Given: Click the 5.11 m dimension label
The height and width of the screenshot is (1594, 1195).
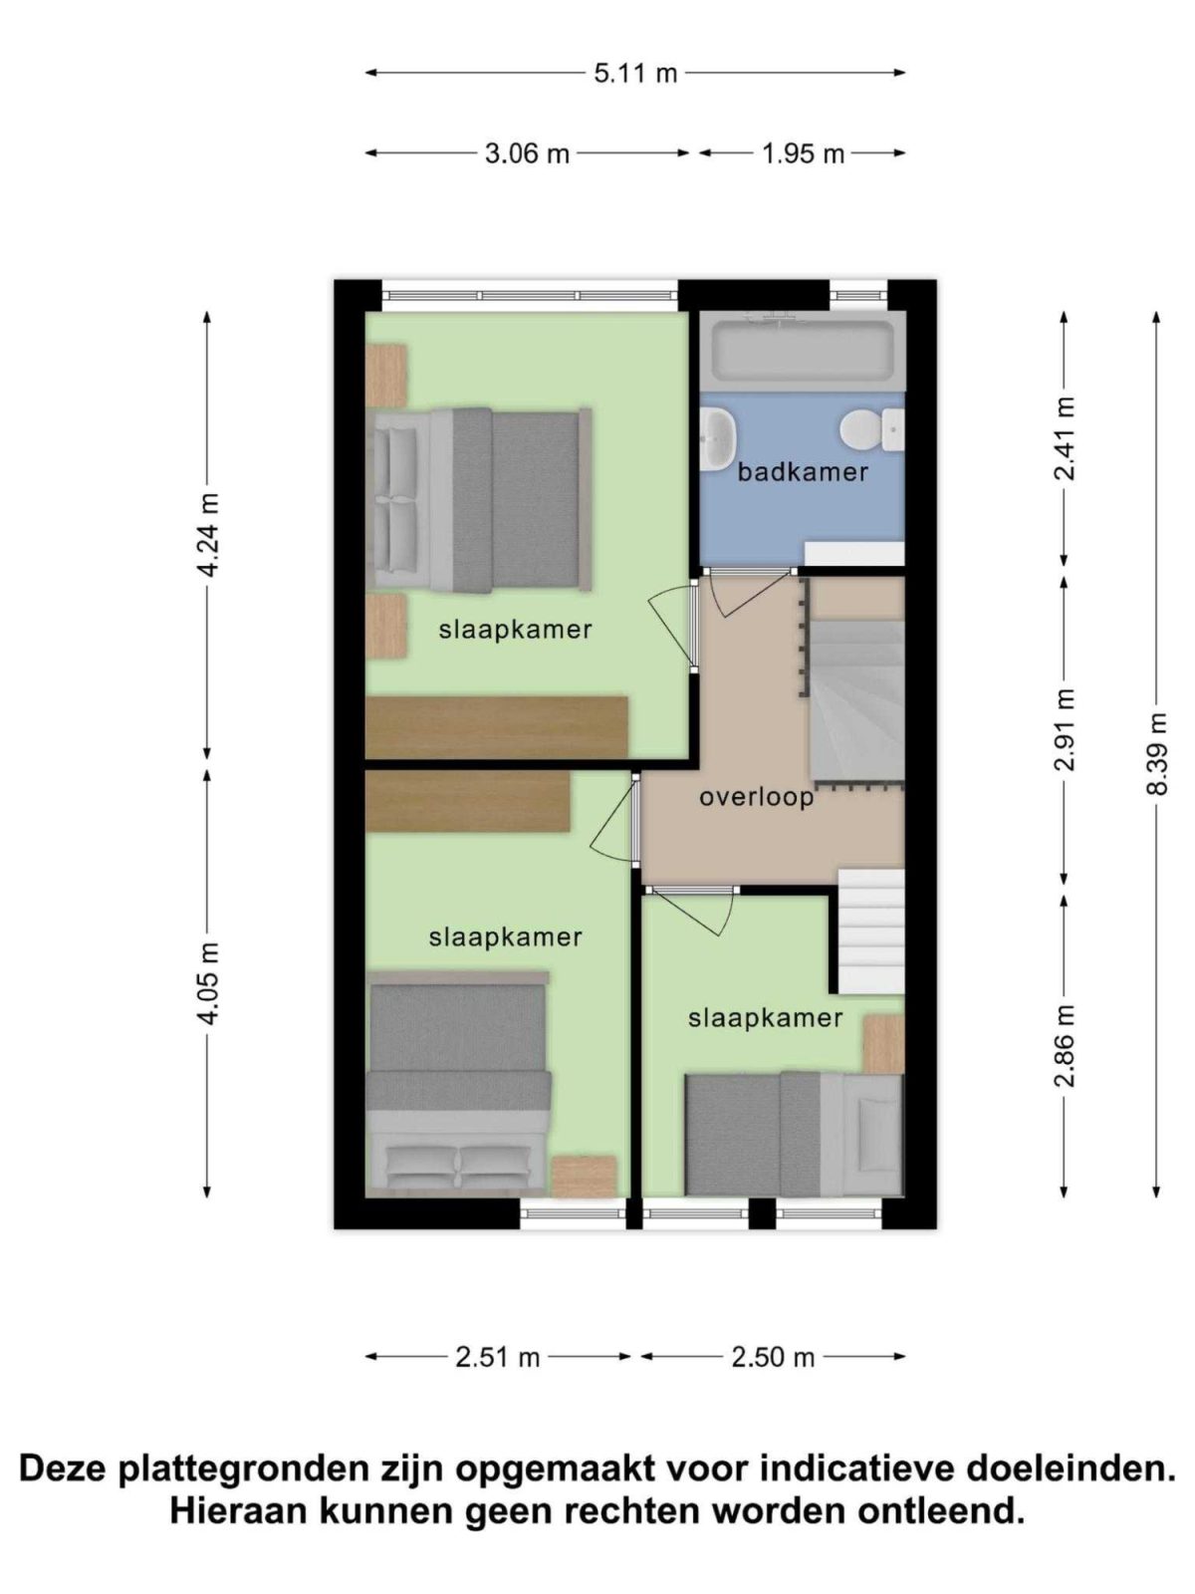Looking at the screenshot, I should point(635,73).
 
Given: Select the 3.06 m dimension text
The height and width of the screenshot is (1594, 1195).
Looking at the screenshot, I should point(527,153).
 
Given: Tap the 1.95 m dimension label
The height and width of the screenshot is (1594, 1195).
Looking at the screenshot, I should point(803,153).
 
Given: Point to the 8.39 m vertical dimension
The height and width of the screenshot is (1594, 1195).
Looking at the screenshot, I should point(1156,753).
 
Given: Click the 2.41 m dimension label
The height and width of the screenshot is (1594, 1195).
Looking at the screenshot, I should point(1065,438).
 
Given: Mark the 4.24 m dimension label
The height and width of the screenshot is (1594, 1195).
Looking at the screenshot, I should point(207,535).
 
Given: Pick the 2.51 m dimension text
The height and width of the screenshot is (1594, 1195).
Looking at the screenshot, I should point(497,1357).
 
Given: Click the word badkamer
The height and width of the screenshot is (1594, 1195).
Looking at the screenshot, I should point(803,472).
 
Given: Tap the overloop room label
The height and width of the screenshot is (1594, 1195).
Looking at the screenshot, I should point(756,797).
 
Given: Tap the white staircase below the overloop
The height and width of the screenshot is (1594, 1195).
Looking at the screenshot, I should point(870,931).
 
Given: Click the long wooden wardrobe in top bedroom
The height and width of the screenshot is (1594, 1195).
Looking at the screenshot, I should point(496,727).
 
